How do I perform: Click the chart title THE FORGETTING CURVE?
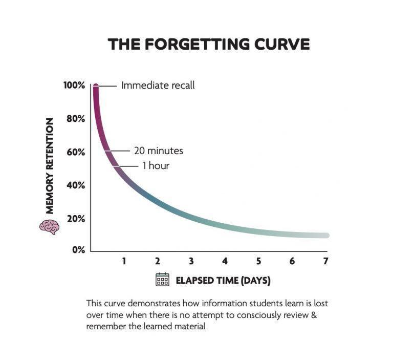[x=209, y=44]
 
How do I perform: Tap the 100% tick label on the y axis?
[x=74, y=86]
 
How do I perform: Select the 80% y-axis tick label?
[x=76, y=119]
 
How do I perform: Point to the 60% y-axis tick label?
[x=76, y=152]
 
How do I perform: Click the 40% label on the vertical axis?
[x=76, y=185]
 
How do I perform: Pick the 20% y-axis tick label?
[x=76, y=219]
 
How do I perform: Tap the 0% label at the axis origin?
[x=79, y=250]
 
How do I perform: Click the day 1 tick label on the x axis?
[x=124, y=261]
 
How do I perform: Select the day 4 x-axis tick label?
[x=225, y=261]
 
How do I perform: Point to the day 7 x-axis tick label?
[x=325, y=261]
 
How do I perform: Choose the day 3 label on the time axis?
[x=191, y=261]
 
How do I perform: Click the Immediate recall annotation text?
[x=158, y=86]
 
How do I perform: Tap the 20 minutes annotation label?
[x=159, y=151]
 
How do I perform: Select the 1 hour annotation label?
[x=156, y=165]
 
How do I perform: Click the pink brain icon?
[x=49, y=227]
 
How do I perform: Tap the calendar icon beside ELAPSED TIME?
[x=162, y=279]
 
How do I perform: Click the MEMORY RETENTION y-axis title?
[x=50, y=166]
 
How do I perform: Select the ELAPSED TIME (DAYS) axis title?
[x=223, y=281]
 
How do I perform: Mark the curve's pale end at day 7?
[x=326, y=236]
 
